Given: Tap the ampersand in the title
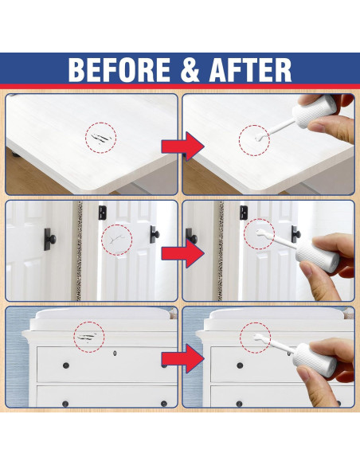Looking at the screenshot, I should (192, 70).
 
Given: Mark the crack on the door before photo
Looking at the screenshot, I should (117, 238).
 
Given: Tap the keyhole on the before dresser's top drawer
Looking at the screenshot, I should (116, 353).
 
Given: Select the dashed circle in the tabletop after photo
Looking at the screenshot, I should (254, 140).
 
